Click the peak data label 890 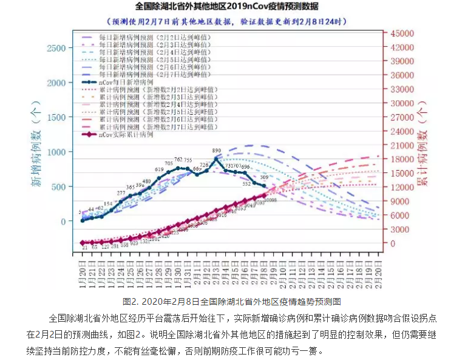pos(217,150)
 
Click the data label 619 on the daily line pos(160,169)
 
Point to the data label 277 pos(121,192)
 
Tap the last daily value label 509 pos(263,178)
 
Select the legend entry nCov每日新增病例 pos(124,81)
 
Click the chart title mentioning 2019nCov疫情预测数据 pos(226,7)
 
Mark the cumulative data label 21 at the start pos(85,248)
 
